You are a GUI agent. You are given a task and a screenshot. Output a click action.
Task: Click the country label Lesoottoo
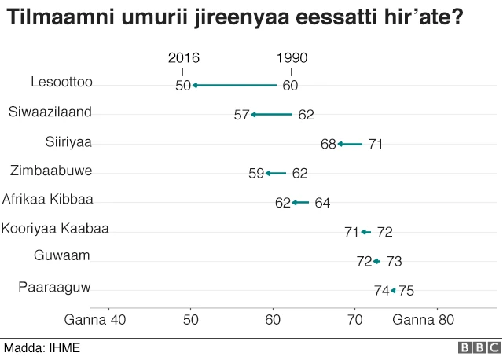(x=61, y=82)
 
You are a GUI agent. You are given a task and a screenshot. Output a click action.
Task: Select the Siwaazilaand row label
(x=50, y=112)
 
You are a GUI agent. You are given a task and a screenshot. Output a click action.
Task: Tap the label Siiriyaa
(x=68, y=141)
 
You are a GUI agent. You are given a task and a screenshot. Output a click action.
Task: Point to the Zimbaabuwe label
(x=51, y=171)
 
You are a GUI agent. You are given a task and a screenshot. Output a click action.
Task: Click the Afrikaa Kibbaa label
(x=48, y=200)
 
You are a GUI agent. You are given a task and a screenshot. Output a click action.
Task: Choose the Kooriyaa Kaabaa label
(x=55, y=229)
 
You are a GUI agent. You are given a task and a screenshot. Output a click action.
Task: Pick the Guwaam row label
(x=62, y=255)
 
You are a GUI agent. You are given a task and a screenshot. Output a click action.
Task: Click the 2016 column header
(x=184, y=58)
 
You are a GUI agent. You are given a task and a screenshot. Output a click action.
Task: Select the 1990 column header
(x=292, y=58)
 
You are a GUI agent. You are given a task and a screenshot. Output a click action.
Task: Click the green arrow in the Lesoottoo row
(x=234, y=85)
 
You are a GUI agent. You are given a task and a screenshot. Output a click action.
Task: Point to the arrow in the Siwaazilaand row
(x=271, y=115)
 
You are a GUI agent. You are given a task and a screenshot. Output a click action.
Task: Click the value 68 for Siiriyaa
(x=329, y=145)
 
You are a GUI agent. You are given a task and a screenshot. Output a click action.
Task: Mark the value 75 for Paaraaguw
(x=406, y=291)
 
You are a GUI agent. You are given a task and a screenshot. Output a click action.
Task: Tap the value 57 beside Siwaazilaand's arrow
(x=241, y=116)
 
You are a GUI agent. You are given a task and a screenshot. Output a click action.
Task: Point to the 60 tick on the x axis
(x=273, y=320)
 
